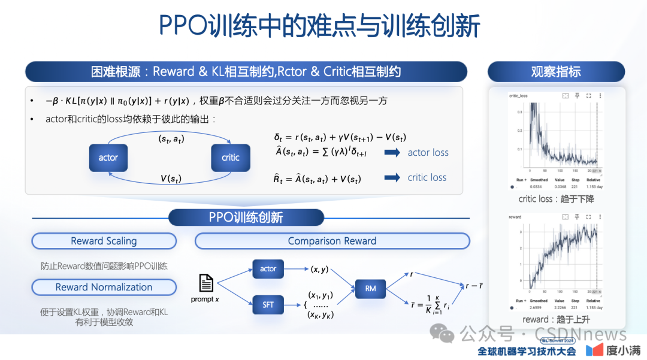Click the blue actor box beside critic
click(108, 158)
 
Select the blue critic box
click(231, 158)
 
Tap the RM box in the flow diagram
click(370, 288)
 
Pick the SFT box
click(268, 305)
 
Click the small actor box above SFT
click(268, 269)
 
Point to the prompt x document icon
click(205, 283)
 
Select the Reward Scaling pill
click(104, 241)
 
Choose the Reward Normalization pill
click(104, 287)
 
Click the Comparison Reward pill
click(332, 241)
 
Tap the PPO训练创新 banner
click(246, 217)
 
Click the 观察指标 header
click(556, 72)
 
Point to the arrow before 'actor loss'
click(392, 153)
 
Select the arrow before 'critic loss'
click(392, 177)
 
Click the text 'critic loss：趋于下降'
click(556, 199)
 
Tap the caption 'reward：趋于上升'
click(556, 319)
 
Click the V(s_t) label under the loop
click(171, 178)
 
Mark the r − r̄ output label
click(475, 286)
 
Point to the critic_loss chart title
click(518, 95)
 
